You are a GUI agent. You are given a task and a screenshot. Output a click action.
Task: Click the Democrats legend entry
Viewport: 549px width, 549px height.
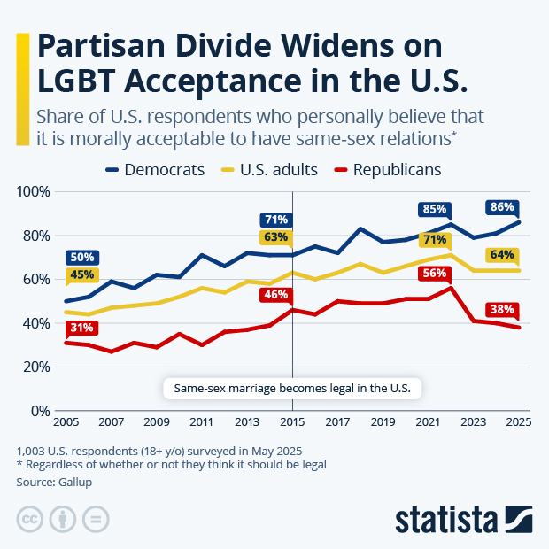(x=155, y=169)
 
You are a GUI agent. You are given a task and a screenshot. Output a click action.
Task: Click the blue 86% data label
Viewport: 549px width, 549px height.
(x=502, y=207)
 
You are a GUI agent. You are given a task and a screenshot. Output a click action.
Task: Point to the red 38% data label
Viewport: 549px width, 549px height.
(x=502, y=310)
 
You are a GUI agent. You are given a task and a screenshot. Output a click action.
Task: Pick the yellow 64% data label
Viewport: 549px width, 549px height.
(x=502, y=256)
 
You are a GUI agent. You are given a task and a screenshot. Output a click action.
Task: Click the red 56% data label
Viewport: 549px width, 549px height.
(x=434, y=274)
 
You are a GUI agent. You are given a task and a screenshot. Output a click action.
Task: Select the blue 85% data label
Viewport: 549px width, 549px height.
(x=434, y=209)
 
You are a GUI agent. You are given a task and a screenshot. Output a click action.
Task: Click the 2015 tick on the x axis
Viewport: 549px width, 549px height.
(x=292, y=422)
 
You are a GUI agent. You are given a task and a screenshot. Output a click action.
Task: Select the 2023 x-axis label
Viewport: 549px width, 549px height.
(x=473, y=422)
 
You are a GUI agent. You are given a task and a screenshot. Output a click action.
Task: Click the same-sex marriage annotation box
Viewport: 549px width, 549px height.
(x=292, y=388)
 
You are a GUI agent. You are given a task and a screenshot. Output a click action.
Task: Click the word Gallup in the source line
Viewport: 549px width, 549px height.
(x=75, y=482)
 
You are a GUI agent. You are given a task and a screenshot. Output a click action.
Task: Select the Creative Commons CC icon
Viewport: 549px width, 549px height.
(x=30, y=518)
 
